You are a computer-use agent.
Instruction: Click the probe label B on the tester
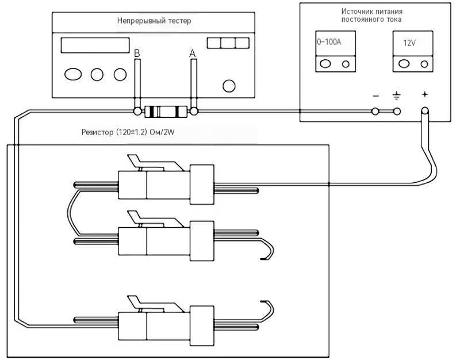137,53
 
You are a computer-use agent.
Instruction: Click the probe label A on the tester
192,53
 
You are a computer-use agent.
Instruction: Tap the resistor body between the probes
166,112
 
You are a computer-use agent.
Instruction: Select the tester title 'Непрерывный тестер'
154,21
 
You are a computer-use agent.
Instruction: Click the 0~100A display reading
329,42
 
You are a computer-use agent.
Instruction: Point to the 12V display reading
409,43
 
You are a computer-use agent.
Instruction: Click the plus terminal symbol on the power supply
424,94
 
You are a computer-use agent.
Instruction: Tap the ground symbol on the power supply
396,95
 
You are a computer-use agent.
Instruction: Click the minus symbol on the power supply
375,96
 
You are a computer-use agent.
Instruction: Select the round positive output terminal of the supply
424,112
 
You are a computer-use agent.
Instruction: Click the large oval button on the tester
73,74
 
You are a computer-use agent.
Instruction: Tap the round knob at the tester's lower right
229,86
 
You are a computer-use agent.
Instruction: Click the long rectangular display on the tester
95,45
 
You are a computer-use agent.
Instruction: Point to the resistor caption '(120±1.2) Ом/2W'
145,132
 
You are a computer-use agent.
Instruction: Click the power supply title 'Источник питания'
371,12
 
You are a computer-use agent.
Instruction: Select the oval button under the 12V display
404,64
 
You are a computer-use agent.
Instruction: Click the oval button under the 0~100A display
325,64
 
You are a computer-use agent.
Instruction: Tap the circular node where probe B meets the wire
137,112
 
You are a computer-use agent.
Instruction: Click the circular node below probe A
194,112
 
